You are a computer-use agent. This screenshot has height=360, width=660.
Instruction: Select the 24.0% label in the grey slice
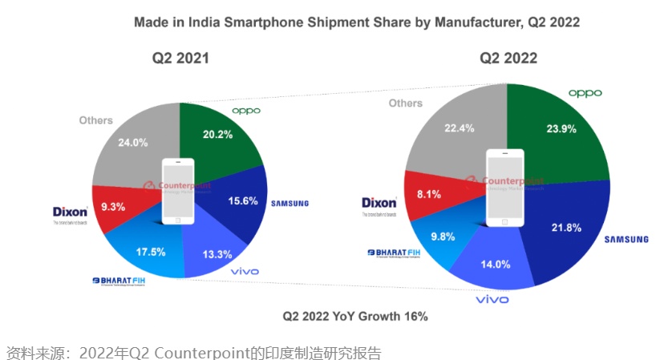coord(132,143)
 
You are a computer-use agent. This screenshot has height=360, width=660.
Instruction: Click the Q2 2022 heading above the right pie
coord(508,58)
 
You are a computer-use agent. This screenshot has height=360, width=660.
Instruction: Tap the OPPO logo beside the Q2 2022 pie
coord(585,93)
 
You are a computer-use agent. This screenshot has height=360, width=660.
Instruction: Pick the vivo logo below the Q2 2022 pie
coord(492,300)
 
